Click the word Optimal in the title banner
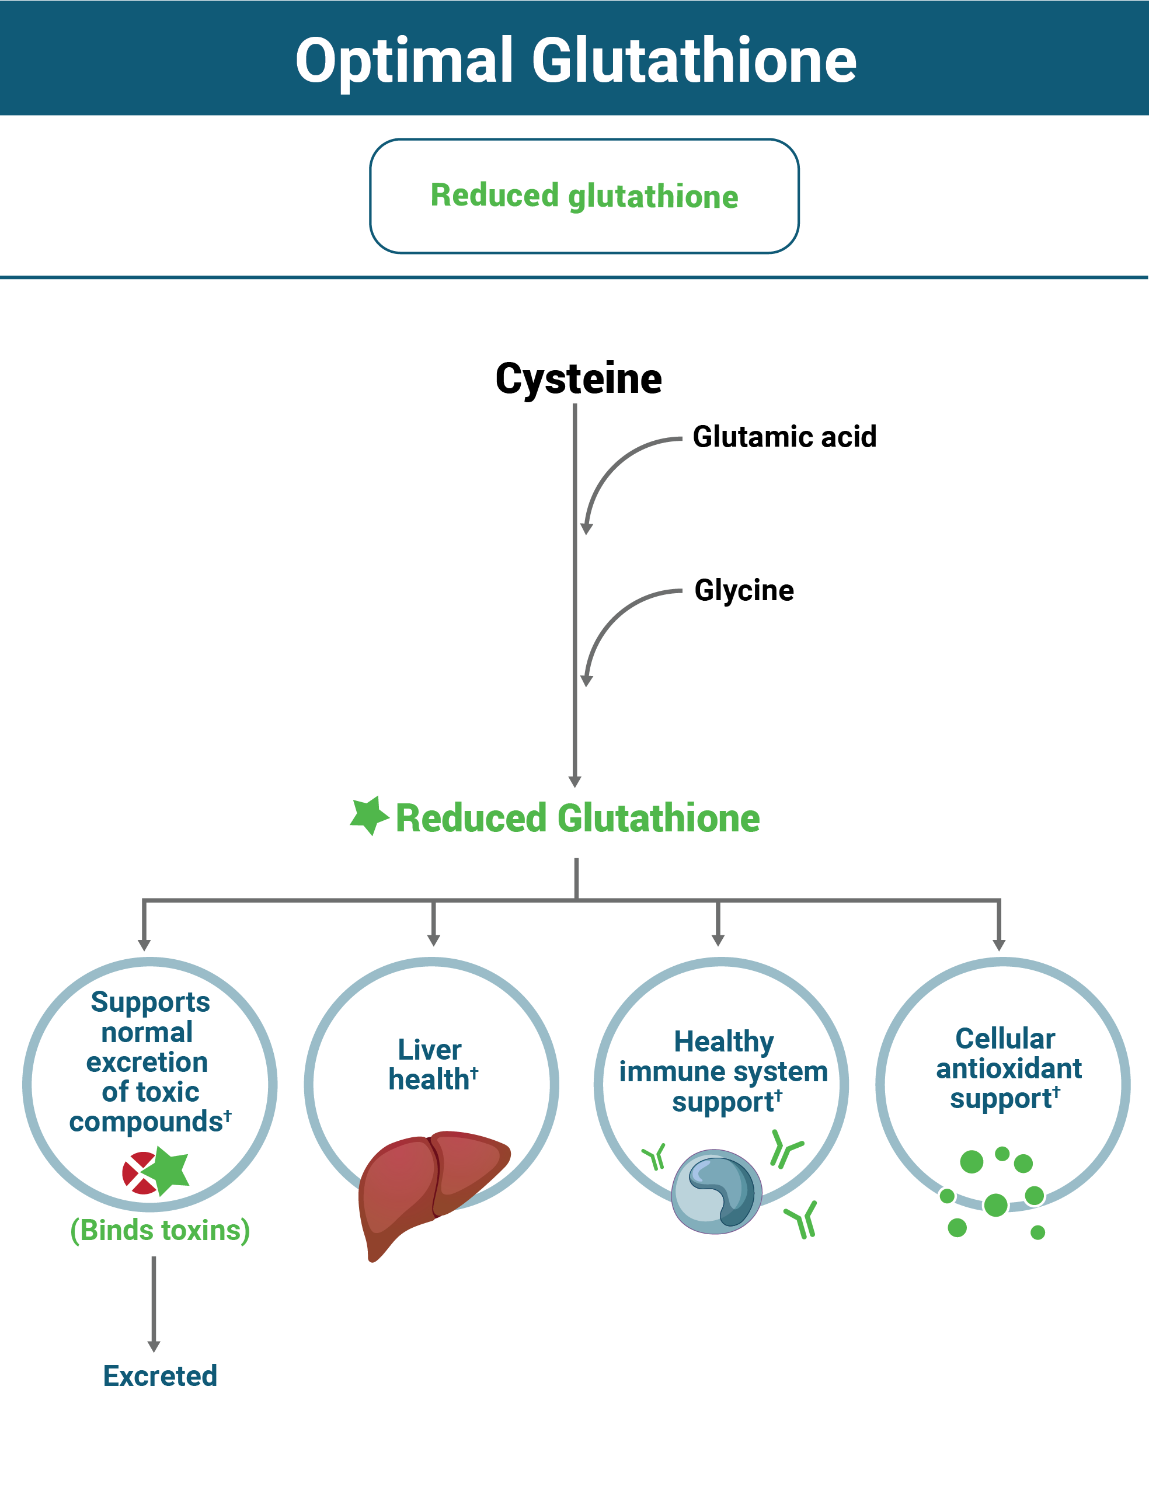click(403, 61)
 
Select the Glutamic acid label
click(784, 437)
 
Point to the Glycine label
click(744, 590)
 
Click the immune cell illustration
click(716, 1192)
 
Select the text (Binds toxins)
click(160, 1230)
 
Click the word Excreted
click(160, 1376)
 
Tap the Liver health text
click(431, 1065)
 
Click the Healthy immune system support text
click(723, 1071)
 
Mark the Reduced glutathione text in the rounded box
click(584, 196)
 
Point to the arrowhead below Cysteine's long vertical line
click(575, 782)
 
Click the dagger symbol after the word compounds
click(228, 1115)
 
